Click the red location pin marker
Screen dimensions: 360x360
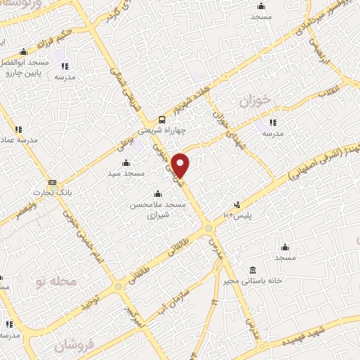[x=181, y=165]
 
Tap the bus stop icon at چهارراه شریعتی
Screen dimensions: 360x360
[x=162, y=120]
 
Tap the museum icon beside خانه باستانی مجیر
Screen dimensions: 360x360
[x=252, y=271]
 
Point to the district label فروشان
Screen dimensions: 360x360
[x=72, y=347]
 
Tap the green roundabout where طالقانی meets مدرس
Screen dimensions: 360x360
[x=209, y=228]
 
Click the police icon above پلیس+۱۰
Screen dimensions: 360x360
[x=237, y=205]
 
